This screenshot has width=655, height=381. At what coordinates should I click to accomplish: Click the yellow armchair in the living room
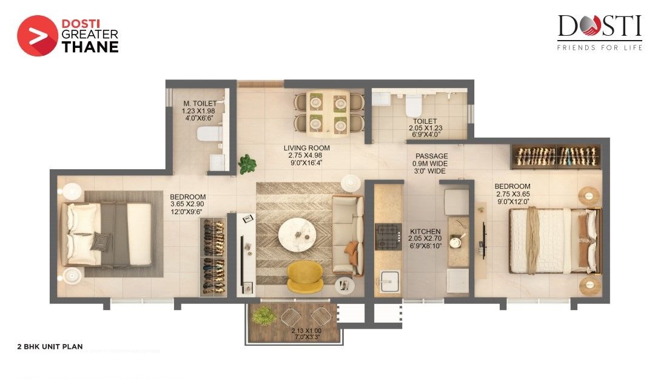pyautogui.click(x=305, y=274)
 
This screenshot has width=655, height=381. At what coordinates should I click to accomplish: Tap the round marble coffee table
pyautogui.click(x=297, y=232)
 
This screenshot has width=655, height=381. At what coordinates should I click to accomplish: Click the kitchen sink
pyautogui.click(x=388, y=280)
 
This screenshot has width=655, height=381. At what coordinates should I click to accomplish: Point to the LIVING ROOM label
pyautogui.click(x=307, y=147)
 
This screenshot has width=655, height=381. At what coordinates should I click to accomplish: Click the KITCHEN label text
pyautogui.click(x=425, y=232)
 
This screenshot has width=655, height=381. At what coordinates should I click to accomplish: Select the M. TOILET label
pyautogui.click(x=200, y=104)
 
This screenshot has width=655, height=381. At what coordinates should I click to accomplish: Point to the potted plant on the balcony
pyautogui.click(x=264, y=315)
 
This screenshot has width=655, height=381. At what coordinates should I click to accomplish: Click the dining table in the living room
pyautogui.click(x=328, y=110)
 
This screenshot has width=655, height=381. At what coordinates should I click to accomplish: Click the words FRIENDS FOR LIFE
pyautogui.click(x=599, y=47)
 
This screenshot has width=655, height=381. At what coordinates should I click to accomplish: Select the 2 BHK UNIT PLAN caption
pyautogui.click(x=50, y=348)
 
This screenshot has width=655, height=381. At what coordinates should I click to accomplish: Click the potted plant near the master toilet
pyautogui.click(x=247, y=163)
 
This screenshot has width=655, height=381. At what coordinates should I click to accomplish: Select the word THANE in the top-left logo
pyautogui.click(x=89, y=47)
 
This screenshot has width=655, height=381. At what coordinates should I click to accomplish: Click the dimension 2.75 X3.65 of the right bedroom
pyautogui.click(x=512, y=194)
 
